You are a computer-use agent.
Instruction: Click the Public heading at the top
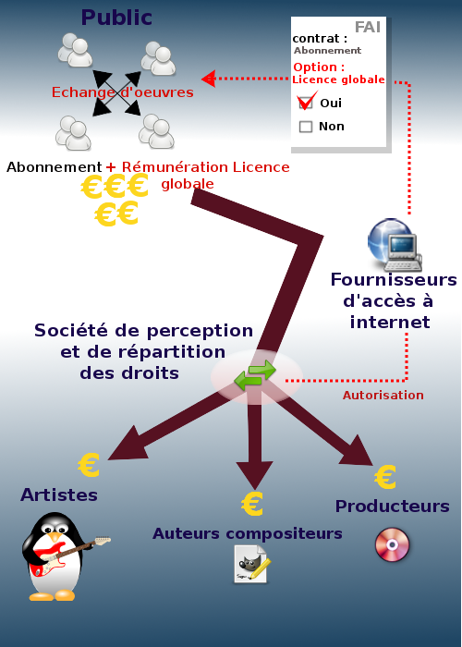[116, 18]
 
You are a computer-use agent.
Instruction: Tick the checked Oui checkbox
[306, 103]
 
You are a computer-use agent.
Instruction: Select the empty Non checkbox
[306, 127]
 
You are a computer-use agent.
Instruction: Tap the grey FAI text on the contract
[368, 27]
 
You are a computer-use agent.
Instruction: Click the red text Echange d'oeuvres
[123, 92]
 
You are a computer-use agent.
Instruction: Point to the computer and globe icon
[395, 245]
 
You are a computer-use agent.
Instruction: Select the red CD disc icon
[393, 544]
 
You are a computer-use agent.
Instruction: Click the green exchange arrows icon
[255, 374]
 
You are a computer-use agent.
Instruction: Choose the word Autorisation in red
[383, 396]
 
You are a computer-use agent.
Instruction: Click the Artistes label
[59, 494]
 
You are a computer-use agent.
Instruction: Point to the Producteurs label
[393, 507]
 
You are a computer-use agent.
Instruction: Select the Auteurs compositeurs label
[248, 533]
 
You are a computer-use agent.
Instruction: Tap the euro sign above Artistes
[89, 465]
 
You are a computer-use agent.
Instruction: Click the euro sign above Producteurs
[385, 477]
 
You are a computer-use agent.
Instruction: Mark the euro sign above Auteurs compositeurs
[252, 504]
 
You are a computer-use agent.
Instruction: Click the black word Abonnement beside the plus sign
[54, 167]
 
